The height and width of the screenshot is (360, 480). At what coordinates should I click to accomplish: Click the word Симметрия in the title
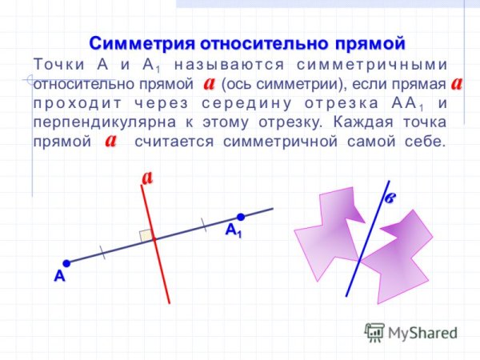point(141,42)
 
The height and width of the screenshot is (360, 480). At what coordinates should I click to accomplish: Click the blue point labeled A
point(66,262)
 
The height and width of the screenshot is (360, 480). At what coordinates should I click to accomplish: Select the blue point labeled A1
point(239,217)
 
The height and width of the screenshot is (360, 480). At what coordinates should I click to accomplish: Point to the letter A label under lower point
point(58,278)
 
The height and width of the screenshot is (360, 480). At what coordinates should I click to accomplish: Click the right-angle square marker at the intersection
point(146,235)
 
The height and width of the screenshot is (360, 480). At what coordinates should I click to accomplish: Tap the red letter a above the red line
point(147,177)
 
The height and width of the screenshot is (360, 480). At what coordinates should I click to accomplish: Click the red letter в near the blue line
point(390,198)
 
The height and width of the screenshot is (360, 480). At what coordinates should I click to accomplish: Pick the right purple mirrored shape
point(400,256)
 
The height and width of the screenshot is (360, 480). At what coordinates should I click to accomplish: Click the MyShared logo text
point(420,332)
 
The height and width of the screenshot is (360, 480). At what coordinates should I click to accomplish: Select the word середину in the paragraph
point(233,103)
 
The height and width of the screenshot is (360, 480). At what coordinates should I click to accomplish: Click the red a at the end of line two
point(457,82)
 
